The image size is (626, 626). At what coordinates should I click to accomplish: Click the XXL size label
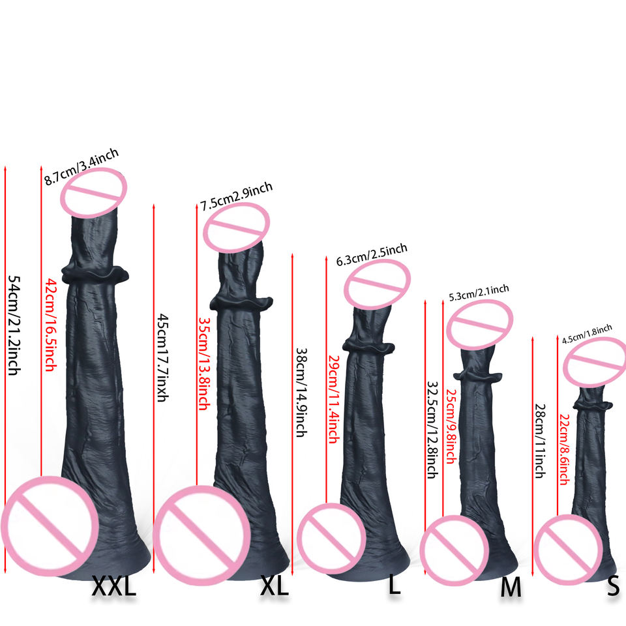tap(114, 586)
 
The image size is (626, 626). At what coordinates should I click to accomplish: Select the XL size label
tap(274, 586)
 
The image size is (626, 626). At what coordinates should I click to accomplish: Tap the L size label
tap(394, 584)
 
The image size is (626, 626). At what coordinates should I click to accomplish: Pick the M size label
tap(511, 588)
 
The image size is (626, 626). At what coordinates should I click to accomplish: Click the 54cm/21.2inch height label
tap(14, 325)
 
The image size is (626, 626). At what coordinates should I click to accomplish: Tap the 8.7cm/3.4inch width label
tap(82, 167)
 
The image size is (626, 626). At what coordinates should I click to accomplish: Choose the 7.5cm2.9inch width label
tap(236, 196)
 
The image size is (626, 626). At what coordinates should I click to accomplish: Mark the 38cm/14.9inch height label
tap(301, 392)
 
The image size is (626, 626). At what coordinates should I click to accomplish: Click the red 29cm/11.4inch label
tap(334, 398)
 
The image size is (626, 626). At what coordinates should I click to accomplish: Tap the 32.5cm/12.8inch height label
tap(431, 430)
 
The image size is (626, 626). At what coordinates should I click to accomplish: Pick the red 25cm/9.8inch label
tap(450, 424)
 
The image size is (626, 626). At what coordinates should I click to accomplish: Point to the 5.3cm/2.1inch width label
tap(479, 294)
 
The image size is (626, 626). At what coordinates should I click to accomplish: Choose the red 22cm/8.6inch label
tap(565, 450)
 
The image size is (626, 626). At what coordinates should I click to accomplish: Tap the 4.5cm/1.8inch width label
tap(587, 333)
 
